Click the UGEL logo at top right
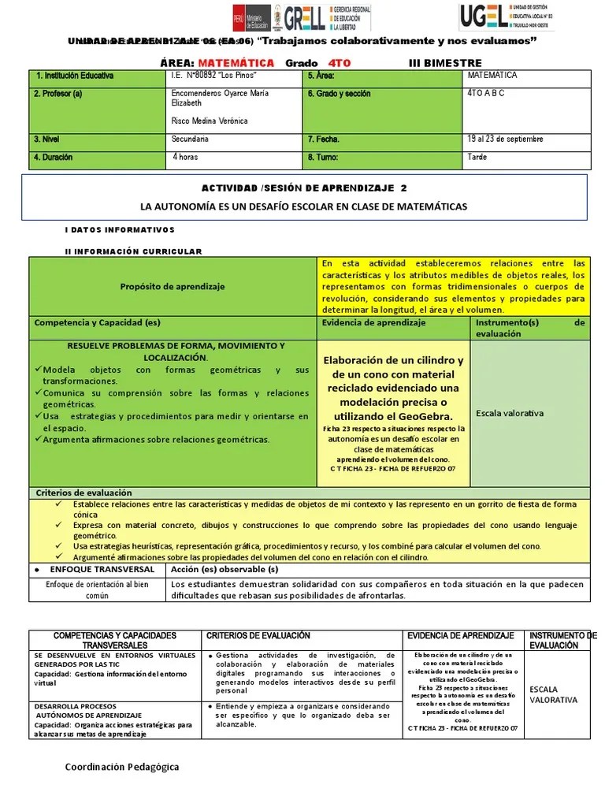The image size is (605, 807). pyautogui.click(x=507, y=16)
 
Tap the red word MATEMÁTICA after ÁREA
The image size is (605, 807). pyautogui.click(x=236, y=63)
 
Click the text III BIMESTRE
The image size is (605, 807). pyautogui.click(x=445, y=63)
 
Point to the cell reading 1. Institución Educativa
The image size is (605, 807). pyautogui.click(x=75, y=76)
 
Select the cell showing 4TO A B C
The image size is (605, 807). pyautogui.click(x=486, y=93)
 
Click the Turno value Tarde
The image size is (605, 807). pyautogui.click(x=477, y=157)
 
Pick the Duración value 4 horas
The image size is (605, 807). pyautogui.click(x=186, y=157)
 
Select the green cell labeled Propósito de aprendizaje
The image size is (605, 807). pyautogui.click(x=173, y=287)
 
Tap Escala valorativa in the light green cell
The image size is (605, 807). pyautogui.click(x=510, y=413)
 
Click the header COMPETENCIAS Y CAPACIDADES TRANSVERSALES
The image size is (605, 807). pyautogui.click(x=115, y=640)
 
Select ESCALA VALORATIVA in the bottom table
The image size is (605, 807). pyautogui.click(x=553, y=694)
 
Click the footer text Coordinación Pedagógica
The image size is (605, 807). pyautogui.click(x=122, y=767)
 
